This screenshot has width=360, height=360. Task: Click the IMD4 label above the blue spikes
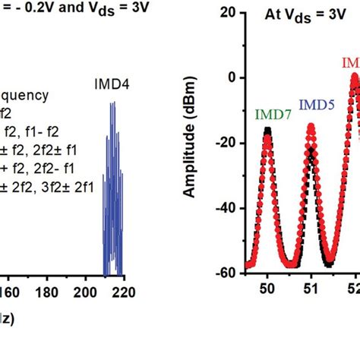pyautogui.click(x=112, y=86)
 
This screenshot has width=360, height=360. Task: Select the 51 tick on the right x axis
pyautogui.click(x=311, y=289)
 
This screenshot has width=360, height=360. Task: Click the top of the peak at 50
pyautogui.click(x=267, y=131)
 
